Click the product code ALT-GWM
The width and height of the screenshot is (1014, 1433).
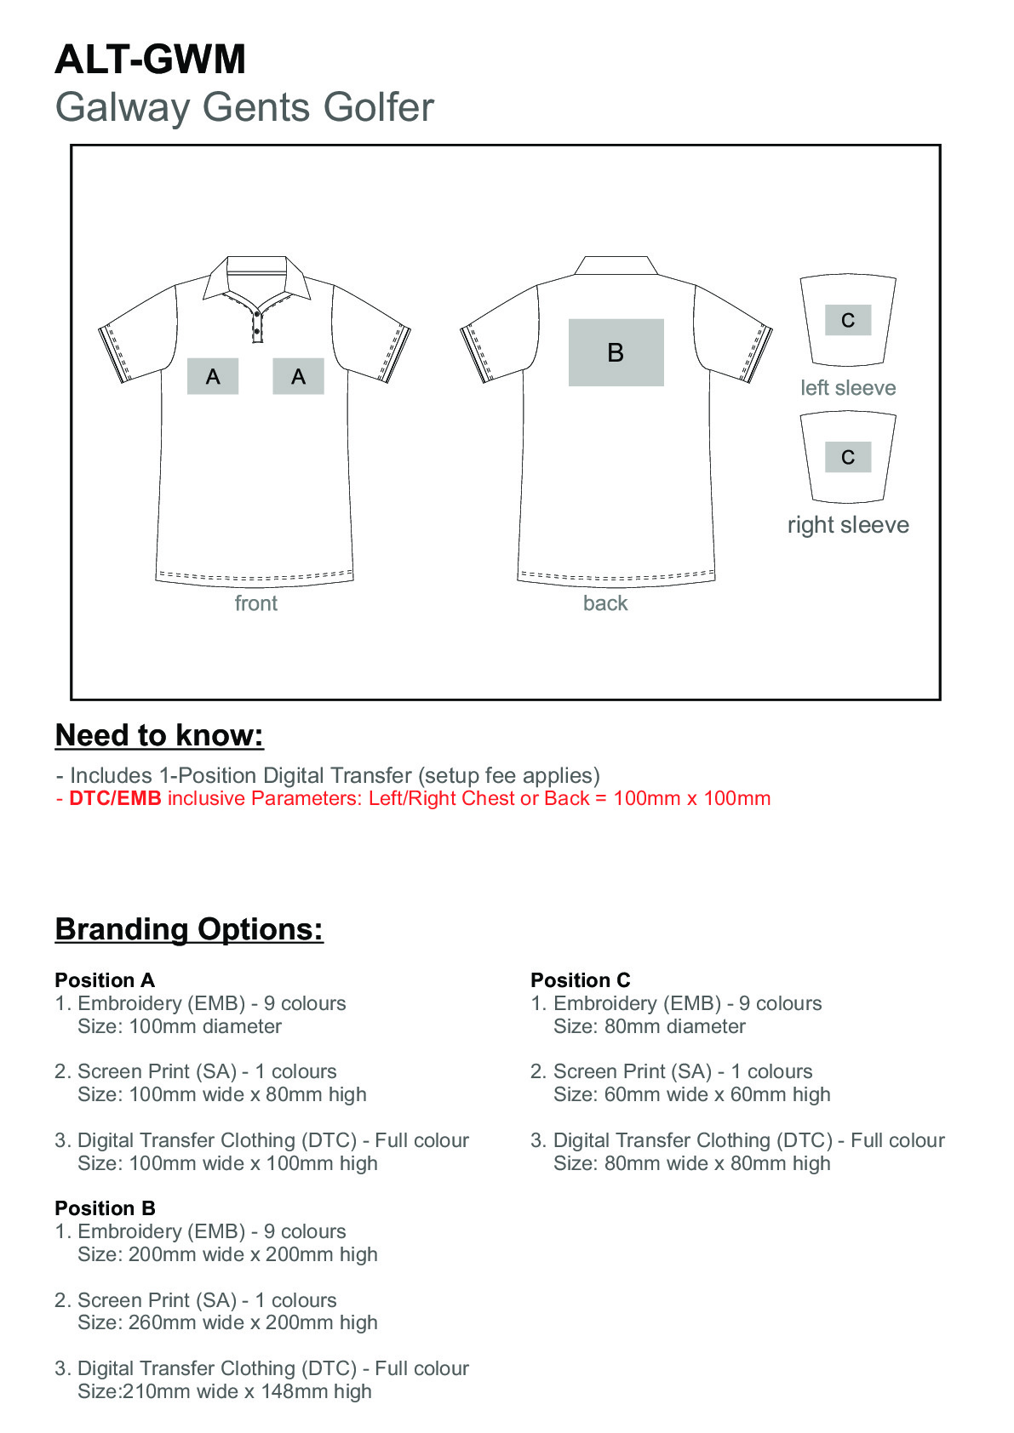point(150,60)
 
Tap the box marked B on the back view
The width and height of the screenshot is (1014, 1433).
point(616,352)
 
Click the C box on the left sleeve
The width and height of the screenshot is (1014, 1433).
point(848,320)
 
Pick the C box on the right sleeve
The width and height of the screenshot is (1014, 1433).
point(848,457)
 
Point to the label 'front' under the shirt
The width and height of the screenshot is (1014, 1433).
point(255,603)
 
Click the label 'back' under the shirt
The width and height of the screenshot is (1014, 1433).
point(605,603)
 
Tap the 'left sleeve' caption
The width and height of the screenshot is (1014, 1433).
point(848,388)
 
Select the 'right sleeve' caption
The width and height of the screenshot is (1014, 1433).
point(848,525)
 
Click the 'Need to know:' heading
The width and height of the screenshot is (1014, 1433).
point(159,735)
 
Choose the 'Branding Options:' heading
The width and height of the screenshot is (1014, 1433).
point(189,929)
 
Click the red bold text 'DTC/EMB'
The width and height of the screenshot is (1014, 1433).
point(115,798)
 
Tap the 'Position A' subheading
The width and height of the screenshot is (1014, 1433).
point(105,980)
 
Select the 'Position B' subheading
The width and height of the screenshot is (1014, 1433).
point(105,1208)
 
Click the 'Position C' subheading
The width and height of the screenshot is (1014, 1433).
point(581,980)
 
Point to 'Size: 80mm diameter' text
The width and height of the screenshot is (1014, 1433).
point(650,1026)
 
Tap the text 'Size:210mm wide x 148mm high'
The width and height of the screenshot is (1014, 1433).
point(225,1391)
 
